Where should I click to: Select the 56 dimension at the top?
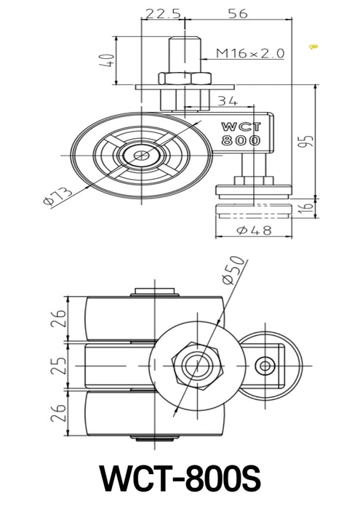pyautogui.click(x=237, y=12)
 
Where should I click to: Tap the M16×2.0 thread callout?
pyautogui.click(x=249, y=53)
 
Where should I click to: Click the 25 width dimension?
pyautogui.click(x=60, y=361)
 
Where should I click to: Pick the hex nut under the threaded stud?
pyautogui.click(x=183, y=79)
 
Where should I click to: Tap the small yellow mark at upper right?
pyautogui.click(x=313, y=47)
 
